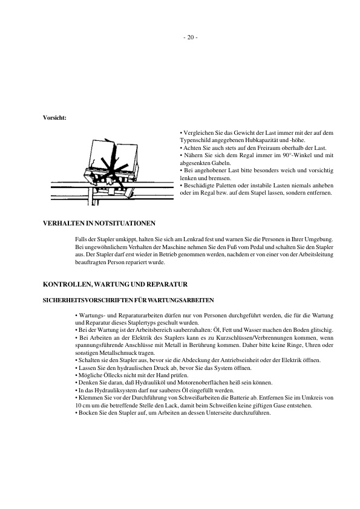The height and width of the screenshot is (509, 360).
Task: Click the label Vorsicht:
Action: pyautogui.click(x=54, y=117)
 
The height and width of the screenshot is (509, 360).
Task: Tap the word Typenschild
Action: pyautogui.click(x=198, y=140)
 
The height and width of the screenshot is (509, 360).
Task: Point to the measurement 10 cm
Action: pyautogui.click(x=81, y=406)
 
